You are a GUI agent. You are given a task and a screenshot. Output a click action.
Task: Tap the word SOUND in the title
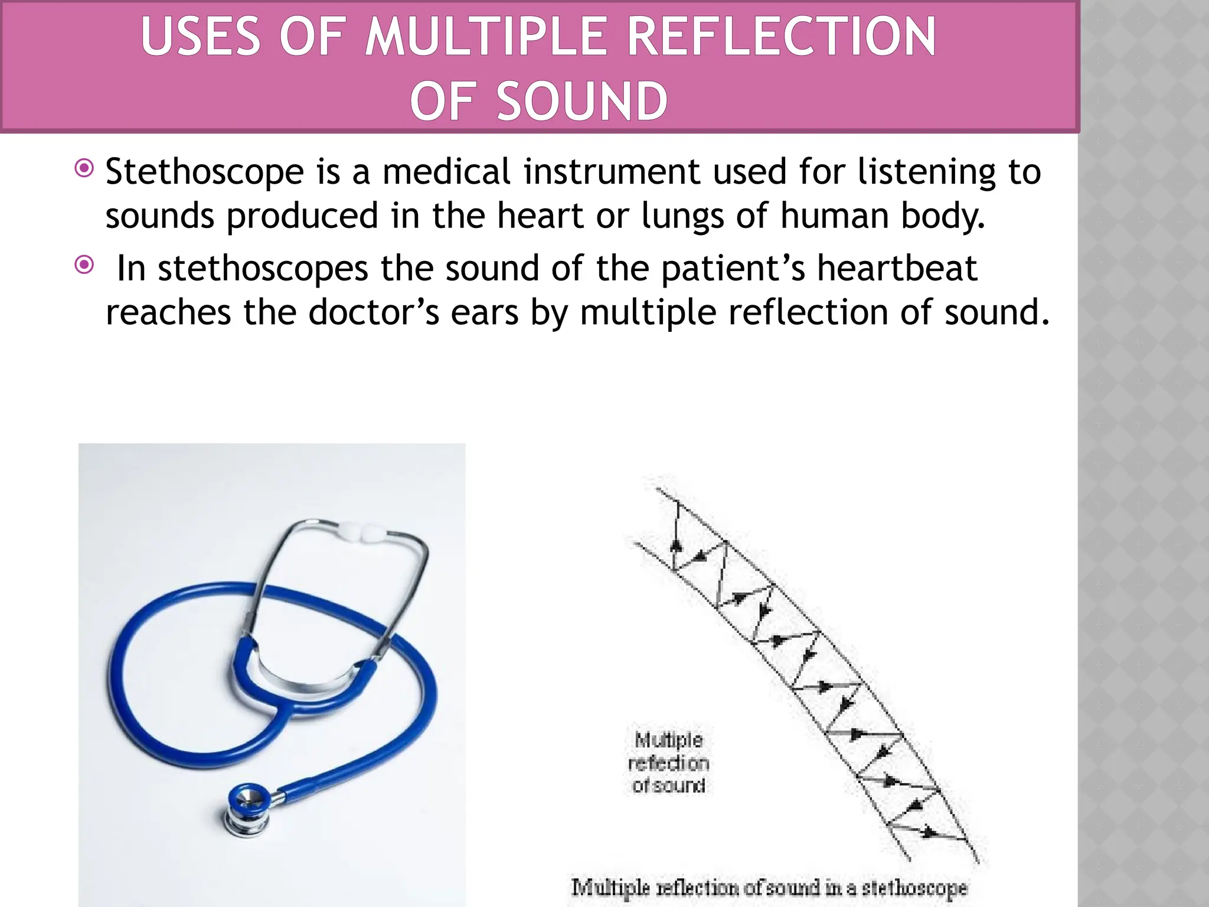tap(582, 102)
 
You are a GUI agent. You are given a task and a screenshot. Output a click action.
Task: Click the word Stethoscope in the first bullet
tap(204, 172)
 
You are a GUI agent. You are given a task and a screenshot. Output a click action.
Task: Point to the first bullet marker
tap(84, 169)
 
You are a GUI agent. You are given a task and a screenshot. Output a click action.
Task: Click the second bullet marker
tap(84, 265)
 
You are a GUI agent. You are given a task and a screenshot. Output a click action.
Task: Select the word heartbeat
tap(897, 268)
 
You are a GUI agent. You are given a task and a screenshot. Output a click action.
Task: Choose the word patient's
tap(733, 268)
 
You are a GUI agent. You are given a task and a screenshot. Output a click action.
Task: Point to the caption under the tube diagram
tap(769, 887)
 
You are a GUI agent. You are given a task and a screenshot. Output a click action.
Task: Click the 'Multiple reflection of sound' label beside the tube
tap(668, 762)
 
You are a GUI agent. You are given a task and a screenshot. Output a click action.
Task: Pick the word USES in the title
tap(201, 37)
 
